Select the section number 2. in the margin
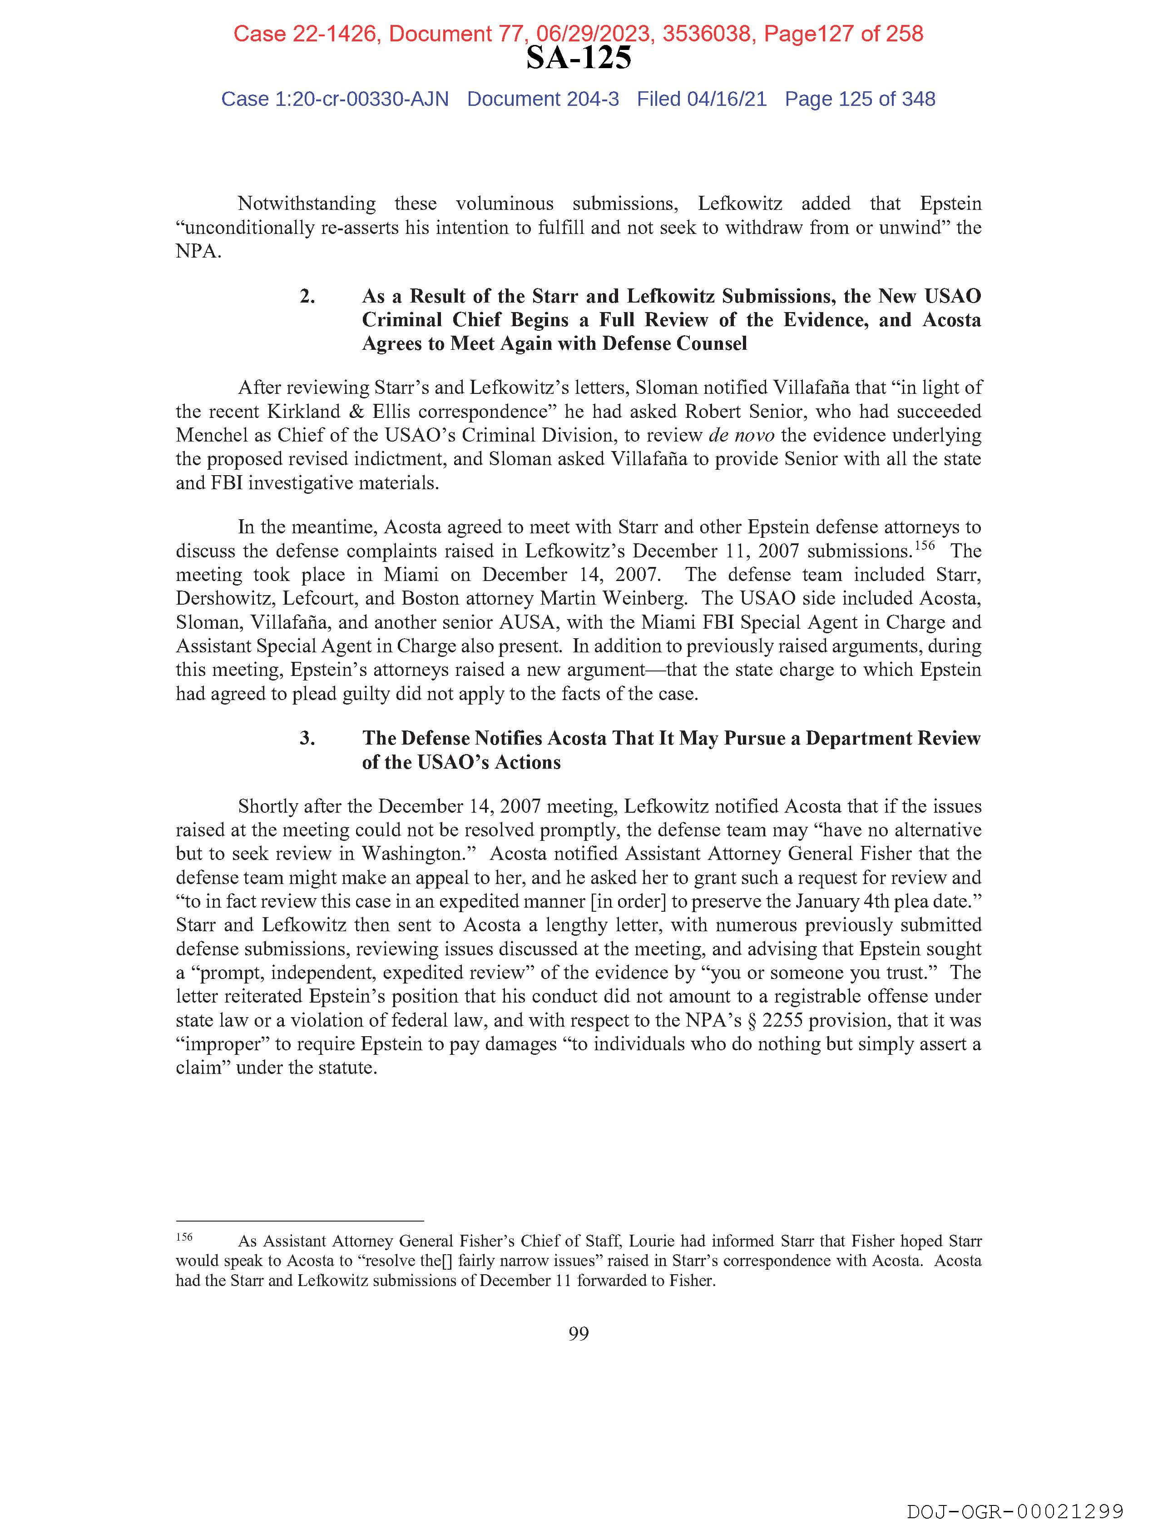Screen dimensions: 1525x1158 tap(307, 297)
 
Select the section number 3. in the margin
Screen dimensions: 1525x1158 tap(307, 738)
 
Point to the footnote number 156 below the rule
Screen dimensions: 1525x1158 tap(184, 1237)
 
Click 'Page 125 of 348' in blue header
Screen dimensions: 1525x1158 tap(860, 99)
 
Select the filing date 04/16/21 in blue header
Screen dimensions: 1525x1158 tap(727, 99)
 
